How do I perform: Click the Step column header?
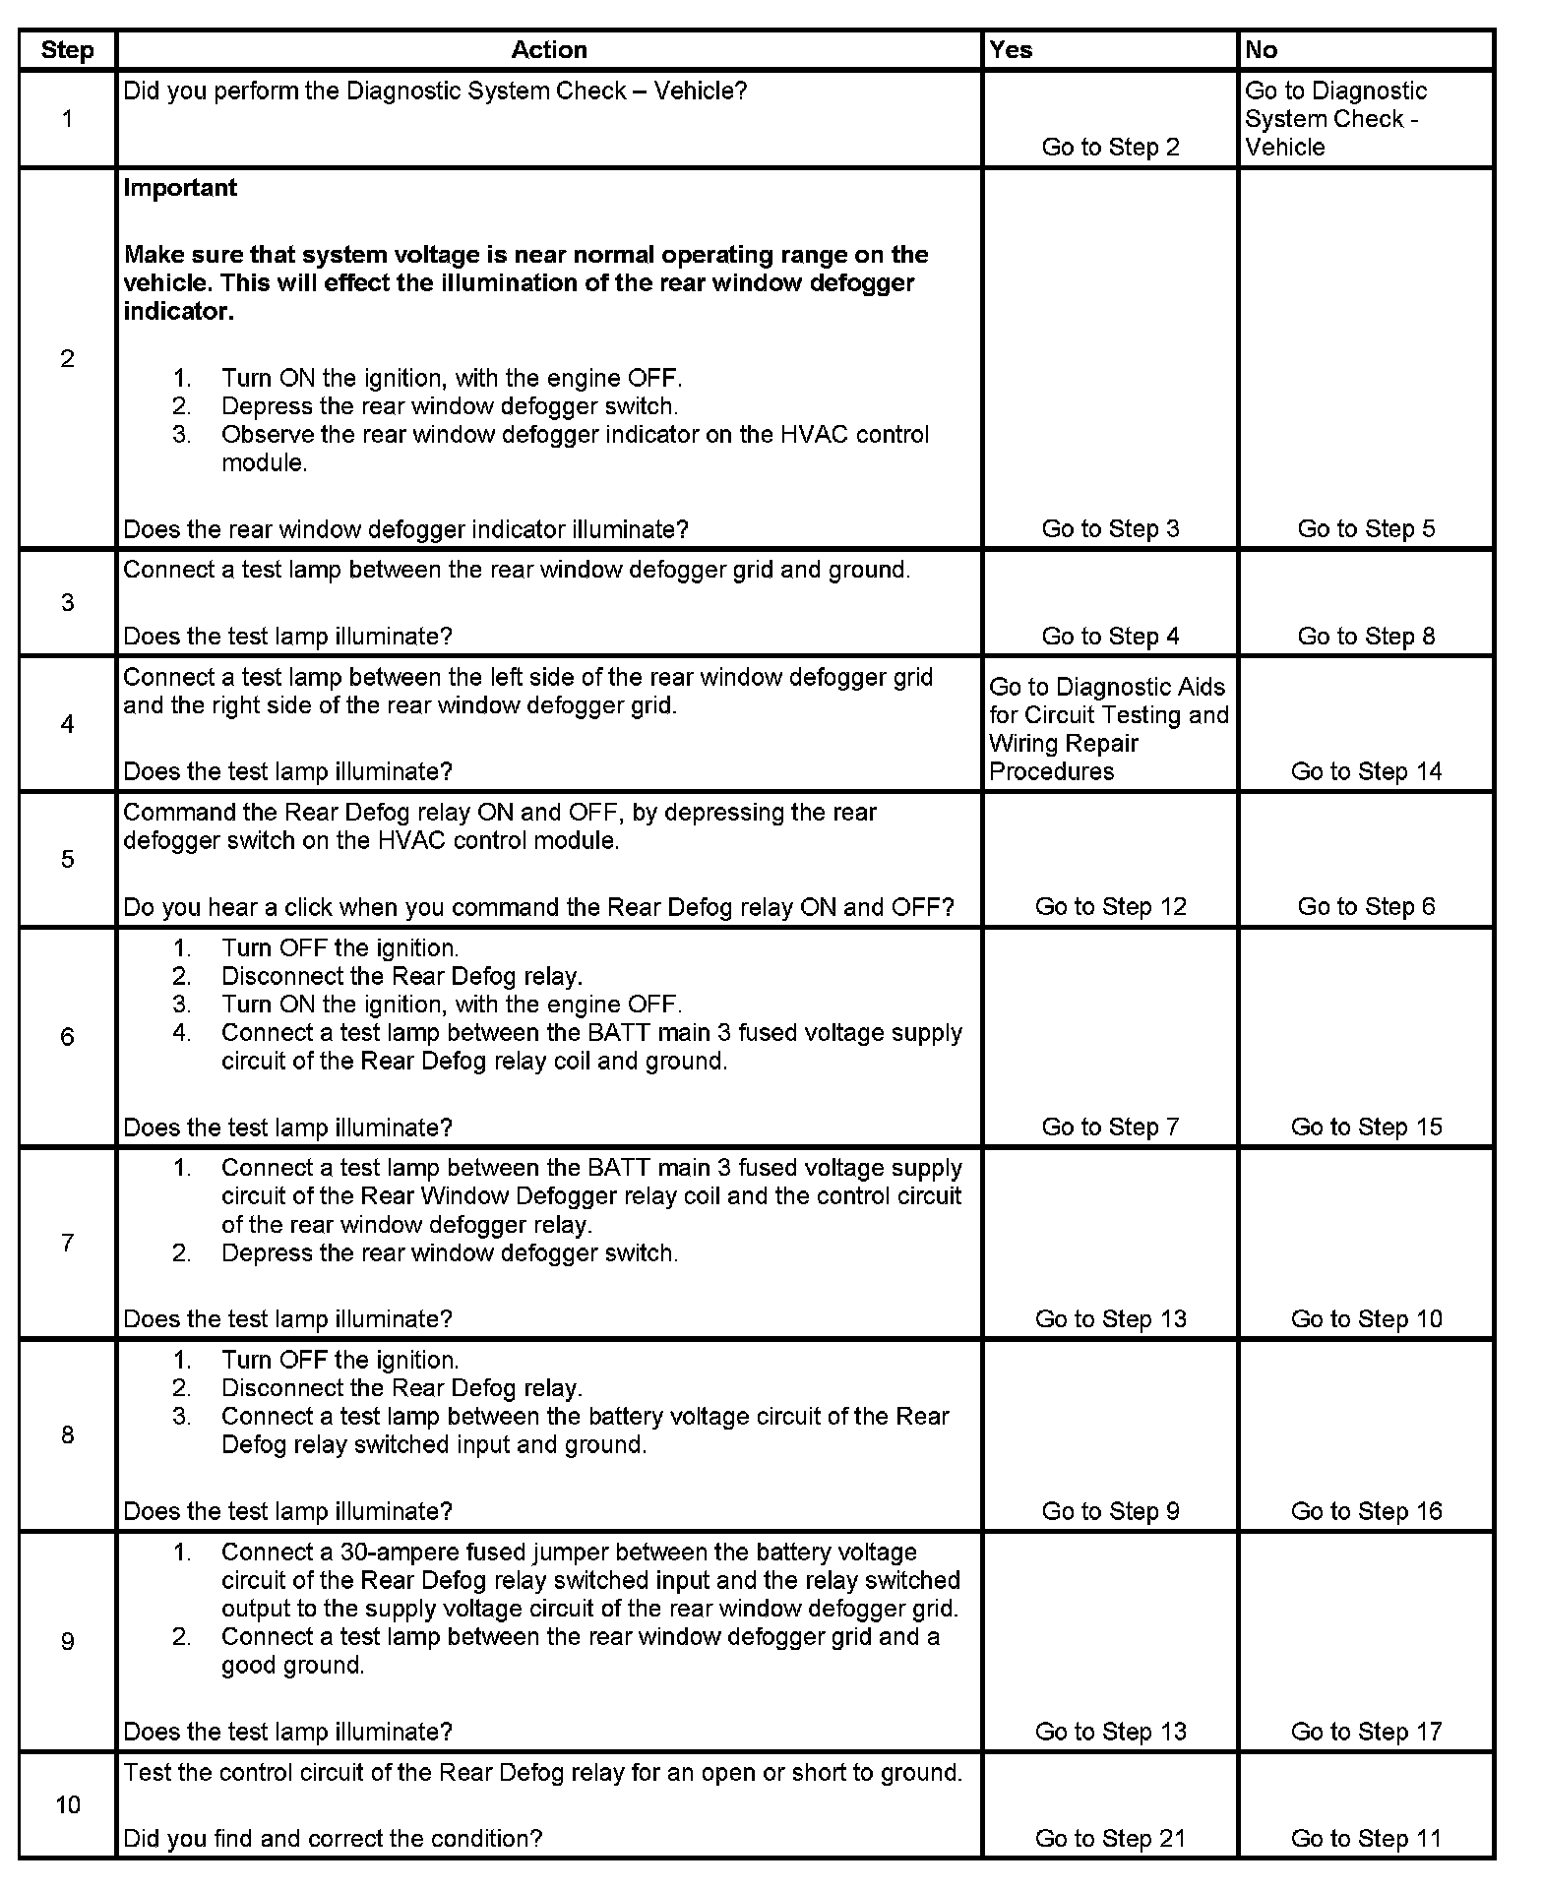coord(67,50)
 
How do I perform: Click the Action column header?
coord(549,50)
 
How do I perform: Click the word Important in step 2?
coord(180,188)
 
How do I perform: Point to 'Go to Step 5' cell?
coord(1366,528)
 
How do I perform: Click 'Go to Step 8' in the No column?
coord(1366,636)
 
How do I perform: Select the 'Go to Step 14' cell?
coord(1366,771)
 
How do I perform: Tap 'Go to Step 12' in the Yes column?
coord(1110,906)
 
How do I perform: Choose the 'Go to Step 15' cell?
coord(1366,1127)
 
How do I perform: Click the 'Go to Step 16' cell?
coord(1366,1510)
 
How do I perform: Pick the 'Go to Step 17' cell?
coord(1366,1731)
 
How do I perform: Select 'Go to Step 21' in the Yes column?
coord(1110,1838)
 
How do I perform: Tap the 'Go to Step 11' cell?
coord(1366,1838)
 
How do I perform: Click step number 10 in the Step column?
coord(67,1804)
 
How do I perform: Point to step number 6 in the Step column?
coord(67,1036)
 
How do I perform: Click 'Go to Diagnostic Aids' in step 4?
coord(1107,687)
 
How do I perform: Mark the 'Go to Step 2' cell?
coord(1110,147)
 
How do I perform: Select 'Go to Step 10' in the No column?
coord(1366,1318)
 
